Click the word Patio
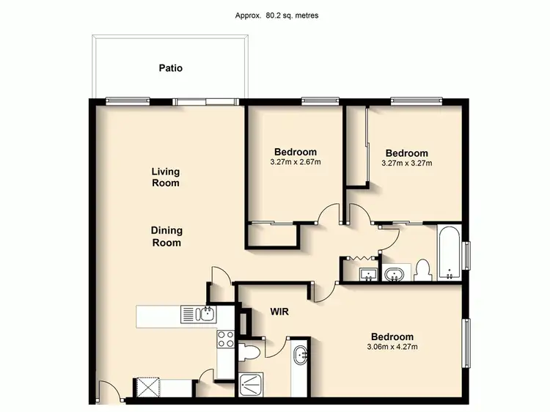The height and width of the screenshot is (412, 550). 170,68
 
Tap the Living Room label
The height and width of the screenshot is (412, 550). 166,177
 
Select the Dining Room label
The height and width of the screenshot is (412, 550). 166,236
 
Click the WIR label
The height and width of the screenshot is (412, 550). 279,312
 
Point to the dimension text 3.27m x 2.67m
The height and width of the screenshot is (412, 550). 296,162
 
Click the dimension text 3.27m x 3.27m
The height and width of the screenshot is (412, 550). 406,163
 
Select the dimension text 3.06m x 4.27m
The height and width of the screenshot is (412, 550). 395,347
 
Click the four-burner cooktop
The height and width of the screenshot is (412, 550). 225,339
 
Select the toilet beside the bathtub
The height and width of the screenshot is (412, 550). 422,271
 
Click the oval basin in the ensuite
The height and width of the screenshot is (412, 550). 301,357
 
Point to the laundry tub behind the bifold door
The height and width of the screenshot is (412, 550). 368,274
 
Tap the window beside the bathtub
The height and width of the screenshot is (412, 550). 466,254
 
